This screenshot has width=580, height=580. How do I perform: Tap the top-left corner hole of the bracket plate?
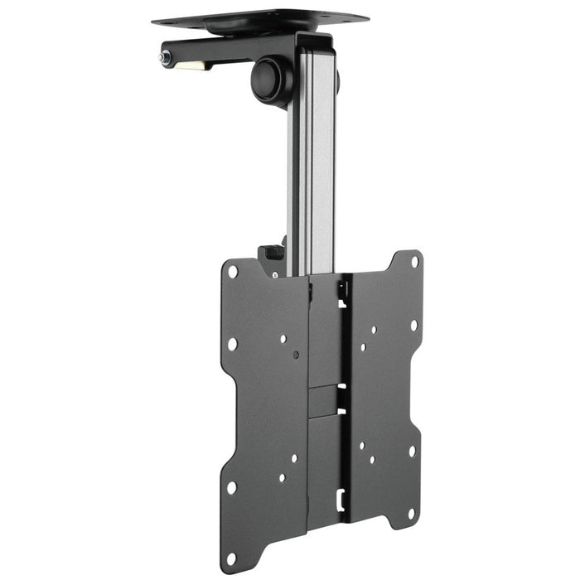point(233,272)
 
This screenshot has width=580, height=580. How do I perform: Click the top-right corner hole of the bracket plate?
point(415,261)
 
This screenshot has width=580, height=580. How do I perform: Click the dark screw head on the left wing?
point(297,355)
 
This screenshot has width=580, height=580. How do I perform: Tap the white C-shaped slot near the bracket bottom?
point(339,500)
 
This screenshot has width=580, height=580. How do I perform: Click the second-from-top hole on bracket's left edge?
point(233,343)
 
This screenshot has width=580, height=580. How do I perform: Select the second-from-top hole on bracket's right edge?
point(413,324)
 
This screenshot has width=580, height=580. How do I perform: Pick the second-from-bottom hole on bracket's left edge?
point(231,488)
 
